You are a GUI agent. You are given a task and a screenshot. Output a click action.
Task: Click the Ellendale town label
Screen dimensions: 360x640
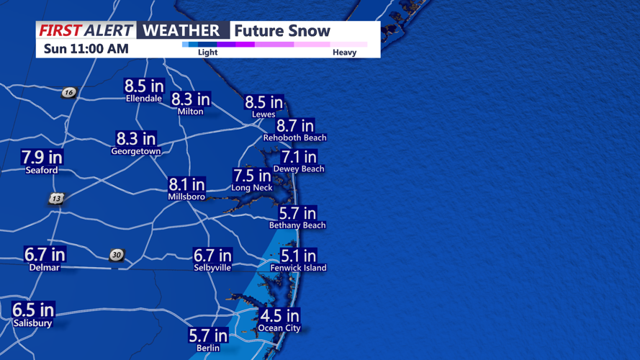144,99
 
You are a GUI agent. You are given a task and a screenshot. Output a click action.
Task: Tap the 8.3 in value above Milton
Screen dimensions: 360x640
191,99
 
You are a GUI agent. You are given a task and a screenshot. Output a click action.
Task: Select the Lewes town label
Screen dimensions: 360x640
263,114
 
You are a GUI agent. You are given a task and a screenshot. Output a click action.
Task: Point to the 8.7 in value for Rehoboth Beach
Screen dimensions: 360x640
295,126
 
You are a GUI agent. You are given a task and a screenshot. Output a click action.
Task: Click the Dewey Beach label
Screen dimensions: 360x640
299,169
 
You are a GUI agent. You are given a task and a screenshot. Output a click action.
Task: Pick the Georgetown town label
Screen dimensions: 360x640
135,152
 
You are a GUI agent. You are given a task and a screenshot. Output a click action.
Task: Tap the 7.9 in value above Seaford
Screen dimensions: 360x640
42,157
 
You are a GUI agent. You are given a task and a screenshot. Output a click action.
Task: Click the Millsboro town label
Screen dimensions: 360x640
186,197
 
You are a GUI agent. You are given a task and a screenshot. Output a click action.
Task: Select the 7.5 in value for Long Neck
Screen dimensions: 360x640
252,176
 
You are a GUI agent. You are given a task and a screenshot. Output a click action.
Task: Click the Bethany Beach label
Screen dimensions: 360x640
297,225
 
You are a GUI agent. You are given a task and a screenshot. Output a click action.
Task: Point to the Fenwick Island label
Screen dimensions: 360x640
298,268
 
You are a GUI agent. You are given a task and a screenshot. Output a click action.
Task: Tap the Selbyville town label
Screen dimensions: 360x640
212,268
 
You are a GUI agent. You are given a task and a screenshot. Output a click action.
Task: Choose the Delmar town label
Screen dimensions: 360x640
44,268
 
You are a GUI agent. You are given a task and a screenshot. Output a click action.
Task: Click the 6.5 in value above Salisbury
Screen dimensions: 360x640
33,310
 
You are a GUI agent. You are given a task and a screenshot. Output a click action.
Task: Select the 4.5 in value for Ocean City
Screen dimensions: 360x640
279,316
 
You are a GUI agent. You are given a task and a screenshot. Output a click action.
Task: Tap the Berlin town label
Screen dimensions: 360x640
208,348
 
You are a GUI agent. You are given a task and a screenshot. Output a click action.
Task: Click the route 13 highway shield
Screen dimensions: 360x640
57,199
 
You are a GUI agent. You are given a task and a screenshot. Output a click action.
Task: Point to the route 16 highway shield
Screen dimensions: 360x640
68,92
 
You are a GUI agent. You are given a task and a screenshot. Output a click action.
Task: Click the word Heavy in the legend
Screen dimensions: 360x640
344,53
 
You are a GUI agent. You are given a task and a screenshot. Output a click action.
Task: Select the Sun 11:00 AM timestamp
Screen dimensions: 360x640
86,49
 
